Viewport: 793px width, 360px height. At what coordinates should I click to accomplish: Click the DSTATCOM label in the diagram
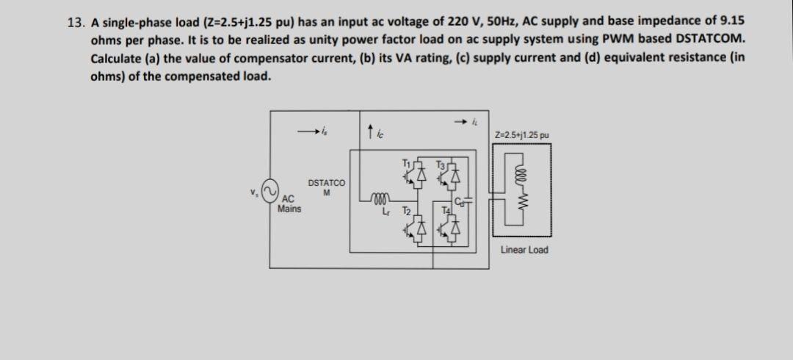coord(327,186)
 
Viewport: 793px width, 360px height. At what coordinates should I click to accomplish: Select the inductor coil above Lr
coord(380,196)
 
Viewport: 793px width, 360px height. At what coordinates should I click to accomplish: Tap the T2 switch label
coord(406,210)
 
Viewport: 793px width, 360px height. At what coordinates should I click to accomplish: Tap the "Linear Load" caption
coord(524,250)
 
